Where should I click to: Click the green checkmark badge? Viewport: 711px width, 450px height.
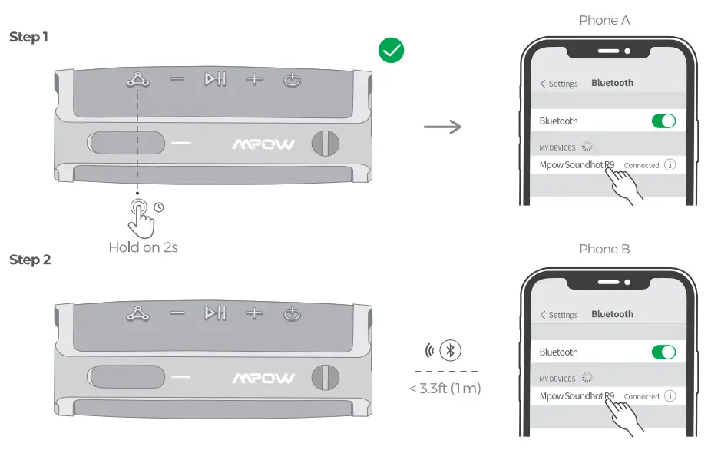click(x=391, y=51)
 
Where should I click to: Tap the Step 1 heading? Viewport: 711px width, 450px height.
click(x=29, y=37)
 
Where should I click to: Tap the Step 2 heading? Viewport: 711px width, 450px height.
click(x=30, y=260)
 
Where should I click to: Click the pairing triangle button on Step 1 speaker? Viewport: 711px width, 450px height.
click(x=137, y=79)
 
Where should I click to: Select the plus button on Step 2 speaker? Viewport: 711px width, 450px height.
click(x=253, y=313)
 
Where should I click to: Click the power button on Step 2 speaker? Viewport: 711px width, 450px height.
click(x=292, y=313)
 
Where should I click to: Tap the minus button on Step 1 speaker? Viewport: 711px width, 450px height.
click(x=177, y=79)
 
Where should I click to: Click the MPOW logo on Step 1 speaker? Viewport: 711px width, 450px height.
click(x=263, y=144)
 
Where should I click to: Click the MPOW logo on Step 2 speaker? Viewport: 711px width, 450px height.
click(x=263, y=377)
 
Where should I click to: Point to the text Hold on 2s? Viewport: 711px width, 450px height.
click(x=143, y=247)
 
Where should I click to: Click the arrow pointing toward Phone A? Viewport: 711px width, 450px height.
click(x=443, y=127)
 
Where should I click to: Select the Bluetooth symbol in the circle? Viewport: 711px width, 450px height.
click(x=451, y=351)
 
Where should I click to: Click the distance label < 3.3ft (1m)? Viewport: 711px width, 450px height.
click(x=445, y=389)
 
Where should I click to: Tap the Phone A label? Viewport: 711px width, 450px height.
click(x=604, y=20)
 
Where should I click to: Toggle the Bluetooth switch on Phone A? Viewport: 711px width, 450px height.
click(x=663, y=121)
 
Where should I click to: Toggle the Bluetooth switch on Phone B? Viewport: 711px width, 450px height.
click(x=663, y=352)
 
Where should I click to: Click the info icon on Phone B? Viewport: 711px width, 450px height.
click(x=670, y=396)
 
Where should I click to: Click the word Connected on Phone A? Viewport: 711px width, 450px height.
click(x=641, y=165)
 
